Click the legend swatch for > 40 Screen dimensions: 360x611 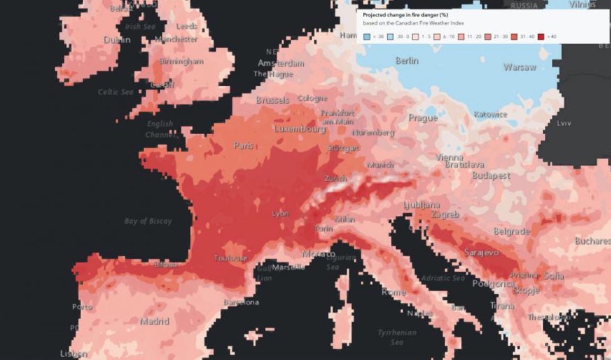click(540, 37)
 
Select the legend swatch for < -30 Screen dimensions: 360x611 click(366, 37)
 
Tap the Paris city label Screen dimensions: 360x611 click(243, 145)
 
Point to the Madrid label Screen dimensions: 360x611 click(154, 321)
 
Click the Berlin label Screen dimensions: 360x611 click(407, 61)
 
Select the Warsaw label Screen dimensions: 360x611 click(519, 67)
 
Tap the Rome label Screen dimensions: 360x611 click(394, 292)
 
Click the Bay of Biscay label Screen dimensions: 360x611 click(148, 221)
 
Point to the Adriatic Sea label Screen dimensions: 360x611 click(442, 278)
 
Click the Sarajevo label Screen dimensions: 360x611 click(481, 253)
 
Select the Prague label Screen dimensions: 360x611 click(423, 118)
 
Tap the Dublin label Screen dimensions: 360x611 click(117, 40)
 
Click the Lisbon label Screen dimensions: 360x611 click(73, 354)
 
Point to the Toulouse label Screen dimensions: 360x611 click(230, 258)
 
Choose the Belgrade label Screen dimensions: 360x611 click(511, 232)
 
